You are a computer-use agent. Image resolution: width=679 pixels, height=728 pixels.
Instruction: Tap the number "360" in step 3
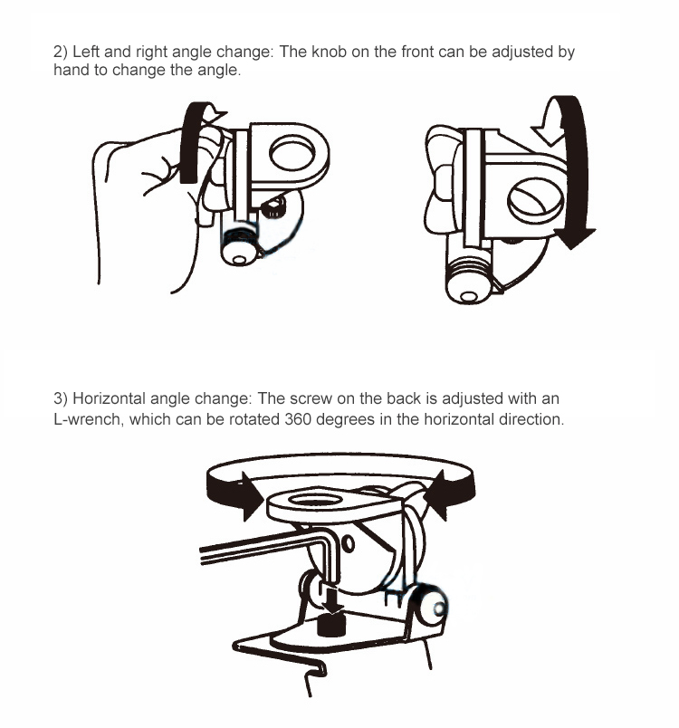[298, 419]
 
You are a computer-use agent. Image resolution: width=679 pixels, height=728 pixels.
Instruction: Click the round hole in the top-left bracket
[292, 153]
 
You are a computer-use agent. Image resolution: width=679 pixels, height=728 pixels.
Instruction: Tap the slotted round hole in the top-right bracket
[535, 203]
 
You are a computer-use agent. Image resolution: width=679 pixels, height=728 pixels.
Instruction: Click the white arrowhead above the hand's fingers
[214, 113]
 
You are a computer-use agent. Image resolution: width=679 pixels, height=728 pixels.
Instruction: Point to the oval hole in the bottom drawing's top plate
[316, 500]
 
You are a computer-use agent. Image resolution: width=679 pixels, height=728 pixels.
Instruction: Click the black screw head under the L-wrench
[331, 625]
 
